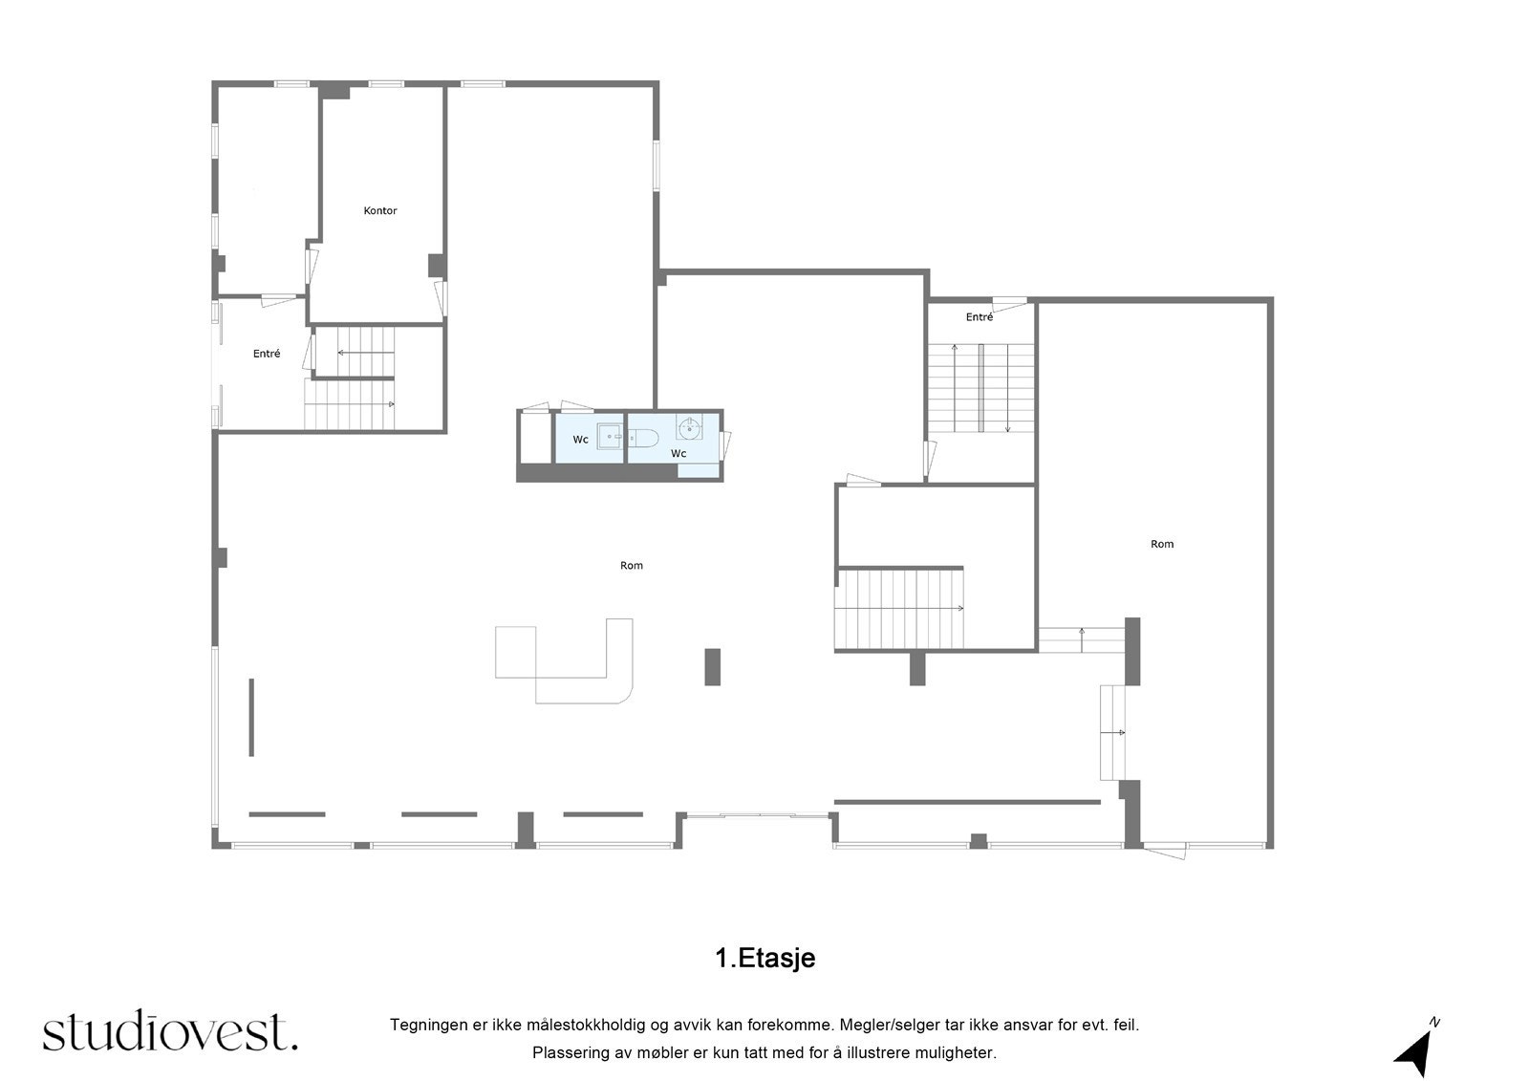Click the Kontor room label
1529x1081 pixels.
[379, 210]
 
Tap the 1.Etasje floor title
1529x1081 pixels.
[764, 958]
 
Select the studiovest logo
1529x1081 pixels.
[170, 1032]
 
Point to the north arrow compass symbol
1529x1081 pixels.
[1415, 1049]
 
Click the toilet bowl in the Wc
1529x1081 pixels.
[642, 438]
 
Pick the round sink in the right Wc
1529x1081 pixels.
[689, 427]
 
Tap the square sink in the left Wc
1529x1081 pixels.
[610, 437]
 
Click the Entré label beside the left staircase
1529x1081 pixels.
[267, 353]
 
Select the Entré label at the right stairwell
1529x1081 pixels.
[979, 317]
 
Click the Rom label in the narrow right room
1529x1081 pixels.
[1162, 544]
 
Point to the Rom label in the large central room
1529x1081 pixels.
[631, 565]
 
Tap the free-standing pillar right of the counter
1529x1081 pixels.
[712, 666]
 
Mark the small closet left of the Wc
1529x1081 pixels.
[536, 438]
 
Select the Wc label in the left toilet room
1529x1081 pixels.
[580, 439]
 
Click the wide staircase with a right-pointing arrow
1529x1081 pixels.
[899, 609]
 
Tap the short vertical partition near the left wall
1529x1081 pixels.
[251, 717]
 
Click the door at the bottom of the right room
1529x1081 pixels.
[1165, 851]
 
